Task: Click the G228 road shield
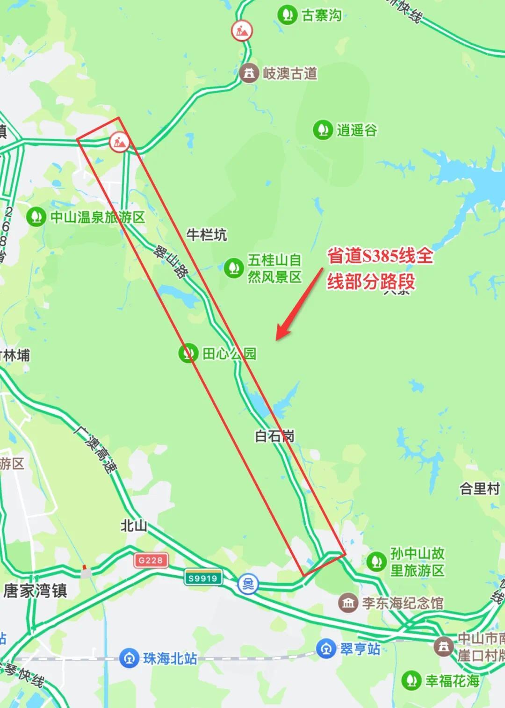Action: coord(151,560)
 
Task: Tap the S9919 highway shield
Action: coord(202,578)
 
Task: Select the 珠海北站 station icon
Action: coord(128,658)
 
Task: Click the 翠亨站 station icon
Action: coord(325,649)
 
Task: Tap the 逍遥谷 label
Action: coord(357,130)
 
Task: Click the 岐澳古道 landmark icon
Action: coord(249,73)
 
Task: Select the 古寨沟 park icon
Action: coord(287,14)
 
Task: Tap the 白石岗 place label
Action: coord(274,436)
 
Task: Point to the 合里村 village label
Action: coord(480,489)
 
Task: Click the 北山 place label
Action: coord(134,526)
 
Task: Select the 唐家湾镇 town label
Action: coord(36,591)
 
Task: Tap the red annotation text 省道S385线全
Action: coord(380,256)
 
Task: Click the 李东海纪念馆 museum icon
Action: coord(348,603)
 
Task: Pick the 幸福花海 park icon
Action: coord(411,680)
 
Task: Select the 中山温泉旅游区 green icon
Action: coord(36,217)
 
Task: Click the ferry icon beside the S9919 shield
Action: coord(247,583)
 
